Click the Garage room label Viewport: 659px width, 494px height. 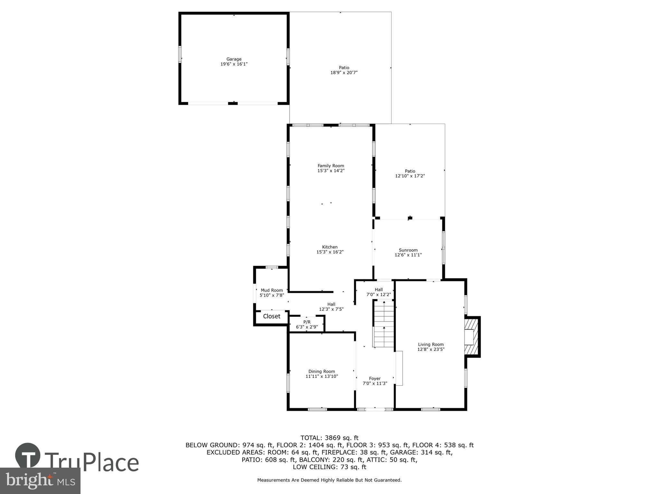pyautogui.click(x=234, y=59)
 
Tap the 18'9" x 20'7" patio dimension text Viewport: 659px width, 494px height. pyautogui.click(x=344, y=73)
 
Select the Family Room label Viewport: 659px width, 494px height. pyautogui.click(x=331, y=166)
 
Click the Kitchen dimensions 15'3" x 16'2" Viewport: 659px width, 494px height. pyautogui.click(x=330, y=252)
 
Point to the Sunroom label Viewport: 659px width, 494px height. pyautogui.click(x=408, y=250)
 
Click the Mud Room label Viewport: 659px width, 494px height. pyautogui.click(x=272, y=290)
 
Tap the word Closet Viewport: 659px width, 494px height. pyautogui.click(x=271, y=316)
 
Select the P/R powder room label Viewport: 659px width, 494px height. pyautogui.click(x=307, y=322)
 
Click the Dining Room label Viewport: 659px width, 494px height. pyautogui.click(x=322, y=371)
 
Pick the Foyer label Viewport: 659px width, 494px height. pyautogui.click(x=375, y=379)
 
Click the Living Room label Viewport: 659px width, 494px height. pyautogui.click(x=431, y=344)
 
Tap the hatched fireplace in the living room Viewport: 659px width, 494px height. pyautogui.click(x=471, y=336)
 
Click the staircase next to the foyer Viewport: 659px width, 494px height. pyautogui.click(x=384, y=323)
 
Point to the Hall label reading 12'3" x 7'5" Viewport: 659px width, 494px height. pyautogui.click(x=331, y=307)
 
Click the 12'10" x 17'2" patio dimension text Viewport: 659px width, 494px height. pyautogui.click(x=410, y=176)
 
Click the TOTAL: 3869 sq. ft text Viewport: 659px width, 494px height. pyautogui.click(x=329, y=438)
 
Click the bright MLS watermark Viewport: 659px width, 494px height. pyautogui.click(x=40, y=480)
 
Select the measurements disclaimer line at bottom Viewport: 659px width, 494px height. pyautogui.click(x=329, y=480)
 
